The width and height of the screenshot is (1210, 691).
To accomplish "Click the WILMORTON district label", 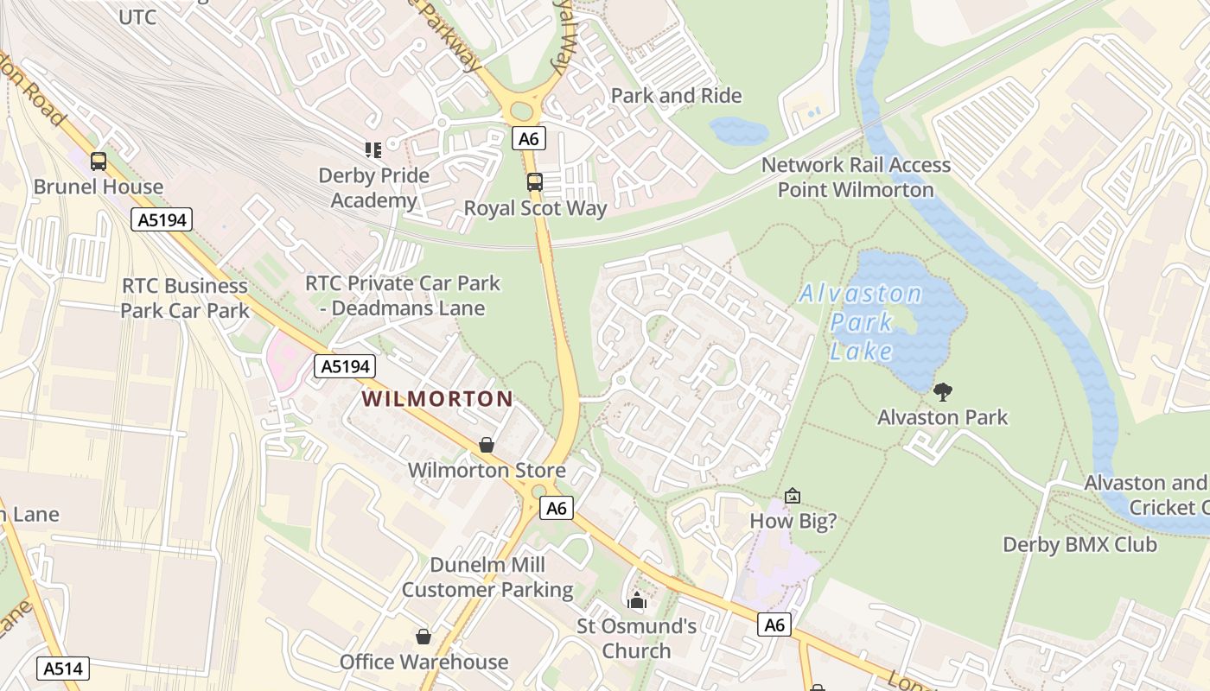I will [x=437, y=399].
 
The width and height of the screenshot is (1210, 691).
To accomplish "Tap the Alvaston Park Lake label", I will [x=861, y=322].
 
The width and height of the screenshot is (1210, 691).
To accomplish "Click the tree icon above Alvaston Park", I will [x=943, y=392].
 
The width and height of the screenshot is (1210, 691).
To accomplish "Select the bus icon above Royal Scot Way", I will [x=535, y=182].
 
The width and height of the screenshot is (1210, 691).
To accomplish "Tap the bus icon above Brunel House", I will [x=99, y=161].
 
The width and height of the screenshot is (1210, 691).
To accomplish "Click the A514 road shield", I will [x=63, y=668].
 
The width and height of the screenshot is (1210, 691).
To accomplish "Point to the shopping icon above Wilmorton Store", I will [x=487, y=445].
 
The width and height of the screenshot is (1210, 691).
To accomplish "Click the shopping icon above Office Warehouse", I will [x=423, y=637].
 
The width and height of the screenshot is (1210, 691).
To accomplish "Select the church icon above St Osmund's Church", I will [x=637, y=600].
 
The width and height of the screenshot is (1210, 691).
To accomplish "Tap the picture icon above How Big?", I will [x=793, y=496].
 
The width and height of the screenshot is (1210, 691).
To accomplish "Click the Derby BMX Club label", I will [x=1079, y=545].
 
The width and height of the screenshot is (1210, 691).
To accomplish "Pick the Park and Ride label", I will [x=677, y=96].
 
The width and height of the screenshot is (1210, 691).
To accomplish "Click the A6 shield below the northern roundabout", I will [x=529, y=138].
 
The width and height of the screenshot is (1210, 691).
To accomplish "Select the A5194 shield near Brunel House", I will [x=162, y=219].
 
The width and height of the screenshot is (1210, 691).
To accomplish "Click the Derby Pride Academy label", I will [x=374, y=188].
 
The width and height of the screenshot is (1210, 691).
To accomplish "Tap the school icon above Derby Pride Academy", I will [x=373, y=150].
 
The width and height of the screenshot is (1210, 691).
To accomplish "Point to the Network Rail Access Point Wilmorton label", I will [x=856, y=177].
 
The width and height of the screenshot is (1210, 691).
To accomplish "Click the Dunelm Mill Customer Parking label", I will [x=487, y=578].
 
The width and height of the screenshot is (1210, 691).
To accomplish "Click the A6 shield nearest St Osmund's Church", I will [x=774, y=624].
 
